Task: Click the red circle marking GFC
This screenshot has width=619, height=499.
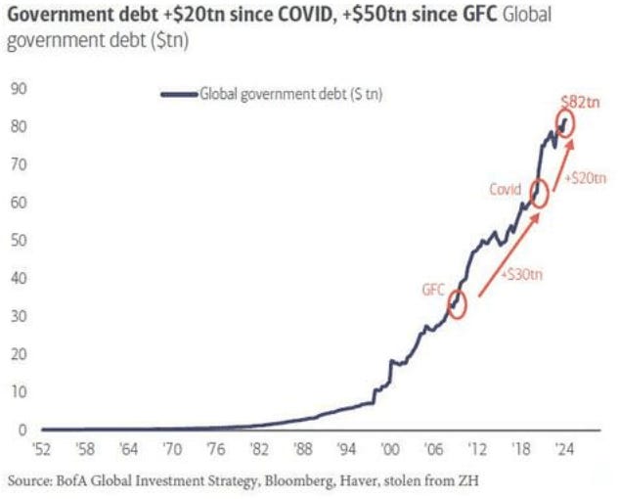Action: pos(457,304)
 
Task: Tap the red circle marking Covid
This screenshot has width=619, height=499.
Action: pos(540,194)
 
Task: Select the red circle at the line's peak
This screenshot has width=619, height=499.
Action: pos(567,123)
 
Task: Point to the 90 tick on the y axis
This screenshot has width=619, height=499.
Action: pos(17,89)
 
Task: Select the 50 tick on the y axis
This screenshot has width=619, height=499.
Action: pos(17,241)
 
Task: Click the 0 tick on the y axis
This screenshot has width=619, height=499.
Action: pos(21,430)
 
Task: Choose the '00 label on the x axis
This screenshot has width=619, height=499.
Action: pos(391,451)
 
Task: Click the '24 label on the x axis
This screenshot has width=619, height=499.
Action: pos(564,451)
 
